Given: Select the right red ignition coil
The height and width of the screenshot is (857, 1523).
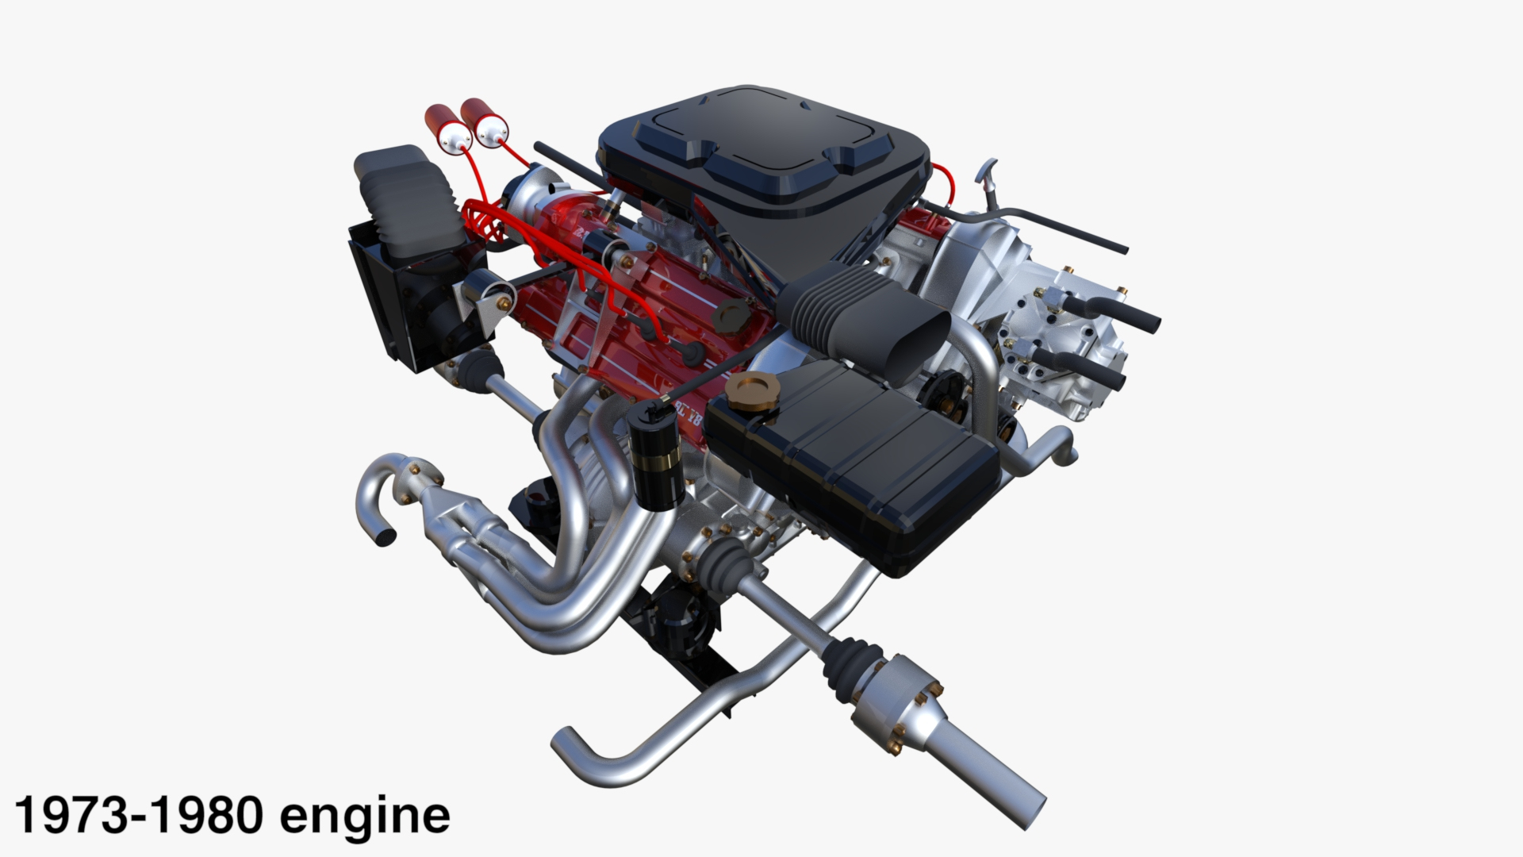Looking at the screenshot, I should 482,121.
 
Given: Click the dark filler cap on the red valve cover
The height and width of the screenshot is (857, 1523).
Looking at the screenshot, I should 726,316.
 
